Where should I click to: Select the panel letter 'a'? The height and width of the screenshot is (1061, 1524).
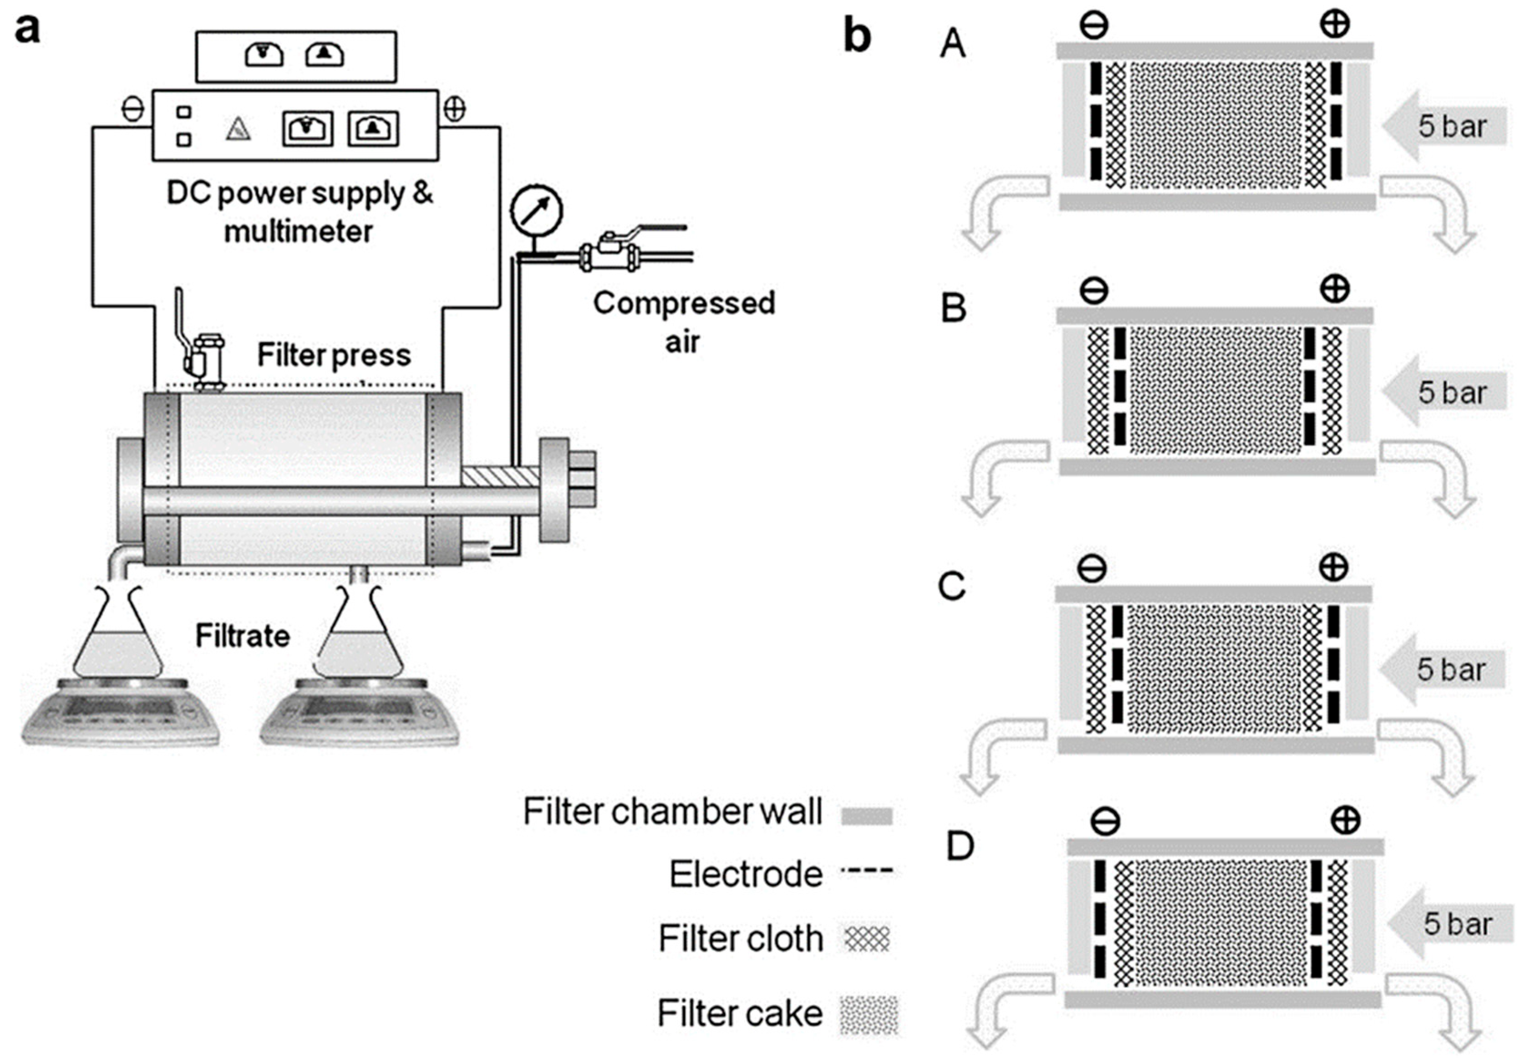(x=27, y=30)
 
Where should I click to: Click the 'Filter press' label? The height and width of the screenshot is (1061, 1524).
(x=334, y=355)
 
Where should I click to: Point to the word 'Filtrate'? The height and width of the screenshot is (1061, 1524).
(x=242, y=636)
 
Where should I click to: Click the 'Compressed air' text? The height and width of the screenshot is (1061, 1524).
(x=684, y=322)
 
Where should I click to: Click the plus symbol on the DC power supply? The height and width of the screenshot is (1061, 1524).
(x=455, y=109)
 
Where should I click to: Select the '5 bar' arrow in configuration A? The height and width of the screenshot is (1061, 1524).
(x=1444, y=126)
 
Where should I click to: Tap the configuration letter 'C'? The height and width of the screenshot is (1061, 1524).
(x=952, y=586)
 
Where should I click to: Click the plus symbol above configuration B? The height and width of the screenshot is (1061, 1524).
(x=1335, y=289)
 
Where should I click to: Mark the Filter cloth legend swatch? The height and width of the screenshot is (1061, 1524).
(x=867, y=939)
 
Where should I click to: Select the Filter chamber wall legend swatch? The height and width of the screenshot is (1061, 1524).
(x=866, y=816)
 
